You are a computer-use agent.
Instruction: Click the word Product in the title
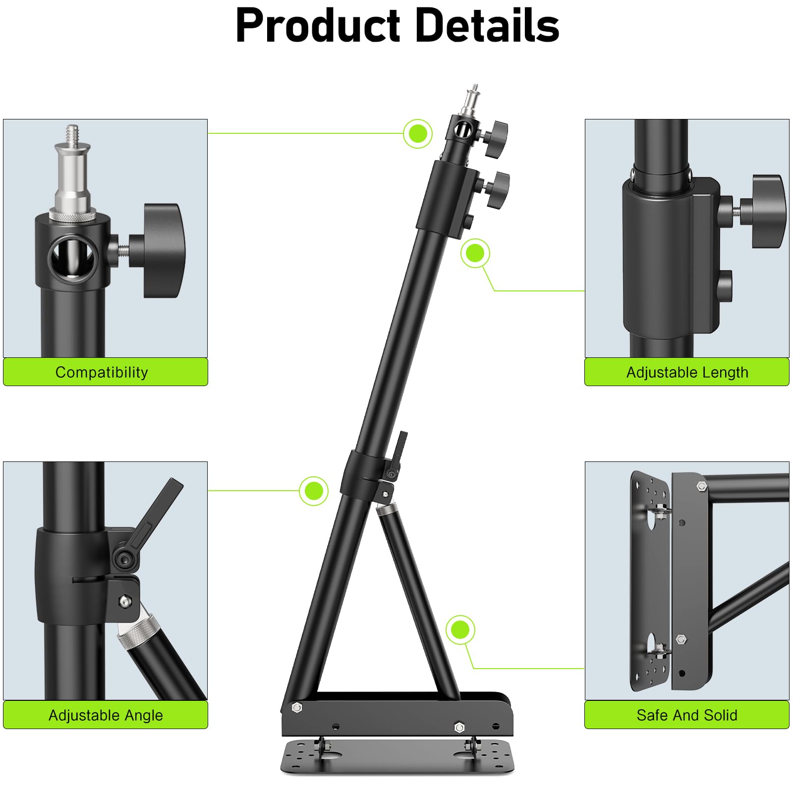tap(318, 26)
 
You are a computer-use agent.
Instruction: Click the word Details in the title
tap(488, 26)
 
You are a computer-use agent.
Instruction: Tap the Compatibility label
tap(102, 372)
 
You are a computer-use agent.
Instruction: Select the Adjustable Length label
tap(687, 372)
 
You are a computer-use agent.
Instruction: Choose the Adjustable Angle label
tap(106, 715)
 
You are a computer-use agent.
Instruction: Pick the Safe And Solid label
tap(687, 715)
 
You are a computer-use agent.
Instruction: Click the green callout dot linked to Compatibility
tap(418, 133)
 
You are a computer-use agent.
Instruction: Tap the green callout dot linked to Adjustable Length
tap(475, 253)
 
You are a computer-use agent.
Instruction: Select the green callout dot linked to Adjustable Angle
tap(314, 491)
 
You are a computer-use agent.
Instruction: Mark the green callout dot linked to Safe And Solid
tap(460, 630)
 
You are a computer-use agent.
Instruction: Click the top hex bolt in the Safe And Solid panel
tap(701, 486)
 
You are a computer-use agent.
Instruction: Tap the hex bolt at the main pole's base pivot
tap(297, 707)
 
